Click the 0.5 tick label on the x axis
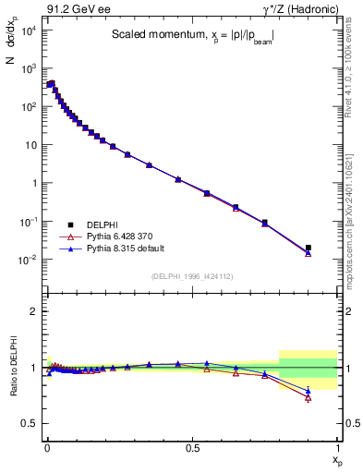tap(191, 448)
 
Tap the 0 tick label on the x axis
tap(46, 448)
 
